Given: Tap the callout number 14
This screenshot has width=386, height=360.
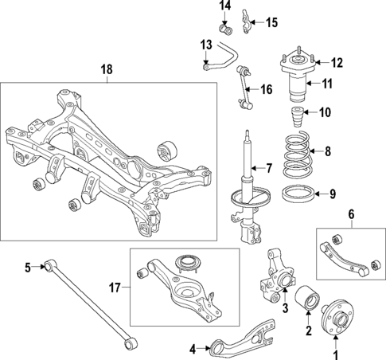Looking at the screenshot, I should coord(225,6).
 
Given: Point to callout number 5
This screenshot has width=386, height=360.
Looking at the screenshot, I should coord(27,268).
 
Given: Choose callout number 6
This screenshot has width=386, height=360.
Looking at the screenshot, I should coord(350,213).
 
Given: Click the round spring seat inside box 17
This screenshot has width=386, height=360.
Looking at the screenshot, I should coord(189,262).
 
